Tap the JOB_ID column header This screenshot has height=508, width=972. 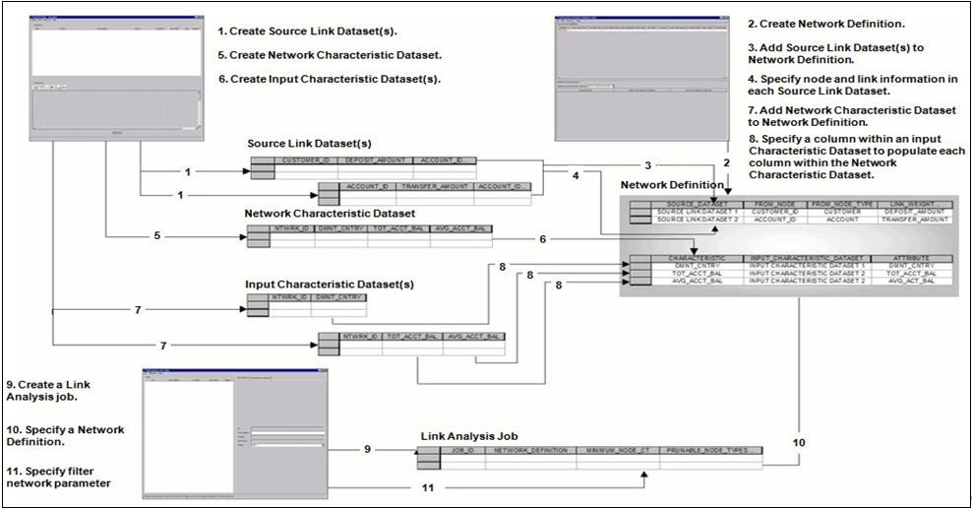point(462,450)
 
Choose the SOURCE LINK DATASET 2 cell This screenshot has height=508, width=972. point(696,221)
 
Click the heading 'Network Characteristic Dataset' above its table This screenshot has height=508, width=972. point(330,213)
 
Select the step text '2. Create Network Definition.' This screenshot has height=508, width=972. point(801,23)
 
